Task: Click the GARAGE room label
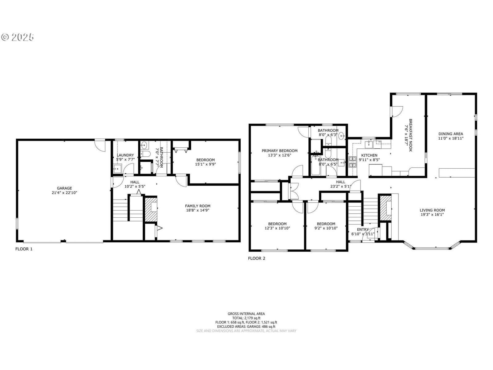(64, 188)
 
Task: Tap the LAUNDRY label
(125, 155)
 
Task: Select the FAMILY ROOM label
(198, 206)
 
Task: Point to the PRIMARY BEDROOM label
(279, 151)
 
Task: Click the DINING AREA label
(451, 134)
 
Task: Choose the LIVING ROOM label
(432, 210)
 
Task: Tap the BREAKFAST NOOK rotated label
(410, 135)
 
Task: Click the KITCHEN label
(369, 155)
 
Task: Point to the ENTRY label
(363, 229)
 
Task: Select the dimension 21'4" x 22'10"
(64, 192)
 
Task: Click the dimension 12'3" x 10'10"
(277, 228)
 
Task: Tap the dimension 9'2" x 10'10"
(326, 228)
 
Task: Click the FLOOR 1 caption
(24, 249)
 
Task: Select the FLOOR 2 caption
(256, 258)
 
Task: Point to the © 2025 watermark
(18, 37)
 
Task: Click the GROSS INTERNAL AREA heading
(246, 314)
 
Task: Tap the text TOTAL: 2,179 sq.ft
(246, 318)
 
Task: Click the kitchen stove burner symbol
(352, 162)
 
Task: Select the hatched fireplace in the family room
(151, 209)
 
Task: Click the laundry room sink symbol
(117, 169)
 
